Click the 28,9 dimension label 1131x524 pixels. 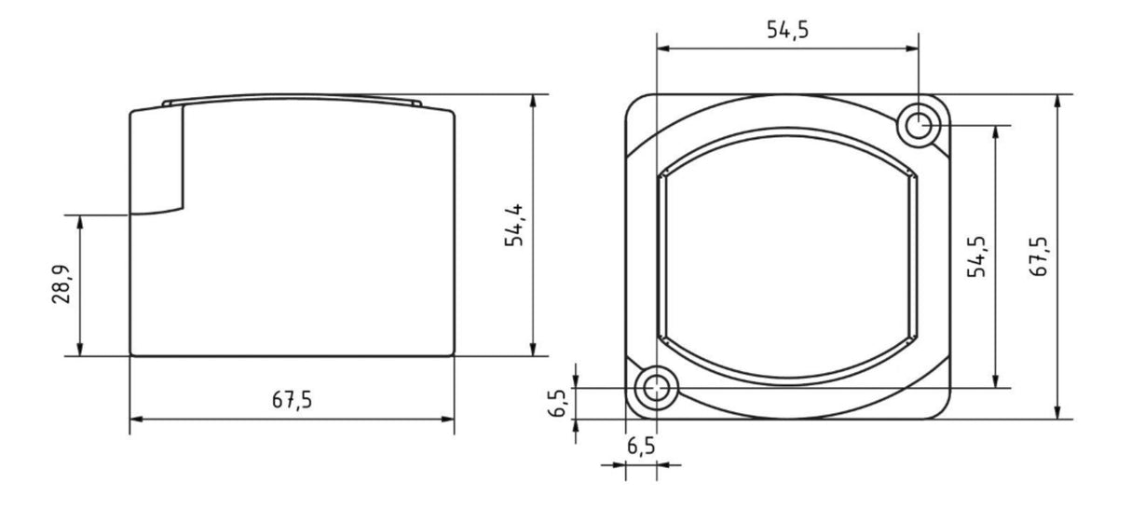pyautogui.click(x=61, y=284)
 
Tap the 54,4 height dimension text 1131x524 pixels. pyautogui.click(x=514, y=226)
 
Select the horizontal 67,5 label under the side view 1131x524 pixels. pyautogui.click(x=293, y=400)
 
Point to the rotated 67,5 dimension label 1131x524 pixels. pyautogui.click(x=1039, y=256)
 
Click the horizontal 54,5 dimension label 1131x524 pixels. pyautogui.click(x=787, y=30)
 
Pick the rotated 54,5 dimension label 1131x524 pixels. pyautogui.click(x=976, y=256)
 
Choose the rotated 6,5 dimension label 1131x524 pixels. pyautogui.click(x=557, y=403)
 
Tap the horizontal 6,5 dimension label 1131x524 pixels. pyautogui.click(x=641, y=447)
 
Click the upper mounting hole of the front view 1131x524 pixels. pyautogui.click(x=919, y=125)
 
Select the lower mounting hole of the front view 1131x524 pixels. pyautogui.click(x=657, y=388)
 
